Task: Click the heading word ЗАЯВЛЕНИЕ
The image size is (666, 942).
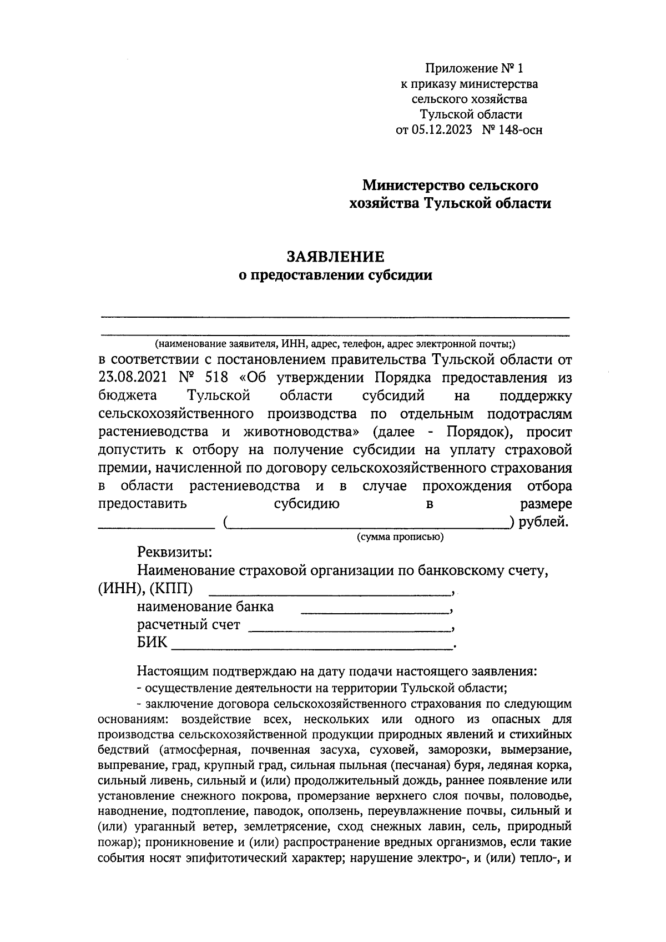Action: pyautogui.click(x=335, y=257)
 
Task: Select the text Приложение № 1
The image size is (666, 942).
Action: pyautogui.click(x=474, y=69)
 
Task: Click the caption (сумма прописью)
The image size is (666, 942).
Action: pyautogui.click(x=399, y=537)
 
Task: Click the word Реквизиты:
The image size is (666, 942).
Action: pyautogui.click(x=174, y=553)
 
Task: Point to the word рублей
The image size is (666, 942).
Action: pyautogui.click(x=542, y=522)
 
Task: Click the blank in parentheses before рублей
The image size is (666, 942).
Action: pyautogui.click(x=369, y=523)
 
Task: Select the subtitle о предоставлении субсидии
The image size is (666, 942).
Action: pyautogui.click(x=335, y=275)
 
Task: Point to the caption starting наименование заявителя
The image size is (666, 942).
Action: pyautogui.click(x=335, y=344)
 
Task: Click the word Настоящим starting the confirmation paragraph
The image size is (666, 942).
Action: pyautogui.click(x=173, y=672)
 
